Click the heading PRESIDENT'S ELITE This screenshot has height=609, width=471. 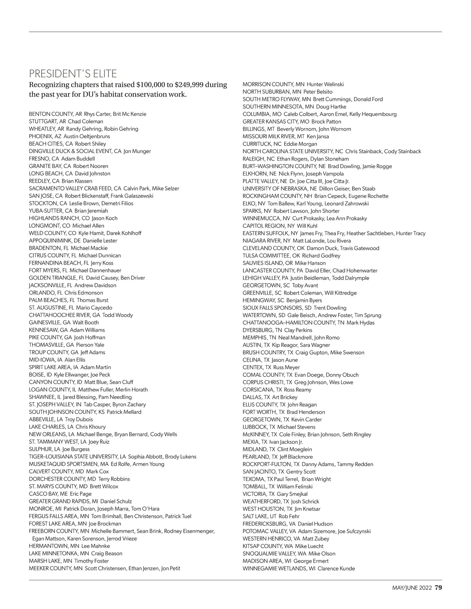tap(73, 74)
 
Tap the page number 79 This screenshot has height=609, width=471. tap(438, 588)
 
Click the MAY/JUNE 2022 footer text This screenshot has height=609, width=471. tap(412, 588)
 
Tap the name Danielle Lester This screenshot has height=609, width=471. tap(100, 240)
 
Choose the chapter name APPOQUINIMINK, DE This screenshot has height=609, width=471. tap(55, 240)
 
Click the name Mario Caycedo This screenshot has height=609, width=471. tap(94, 307)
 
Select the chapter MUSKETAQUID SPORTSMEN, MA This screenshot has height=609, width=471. tap(69, 464)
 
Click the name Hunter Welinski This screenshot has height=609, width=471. tap(325, 84)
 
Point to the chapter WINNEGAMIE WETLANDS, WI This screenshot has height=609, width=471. tap(279, 568)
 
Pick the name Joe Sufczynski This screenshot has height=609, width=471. tap(354, 531)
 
